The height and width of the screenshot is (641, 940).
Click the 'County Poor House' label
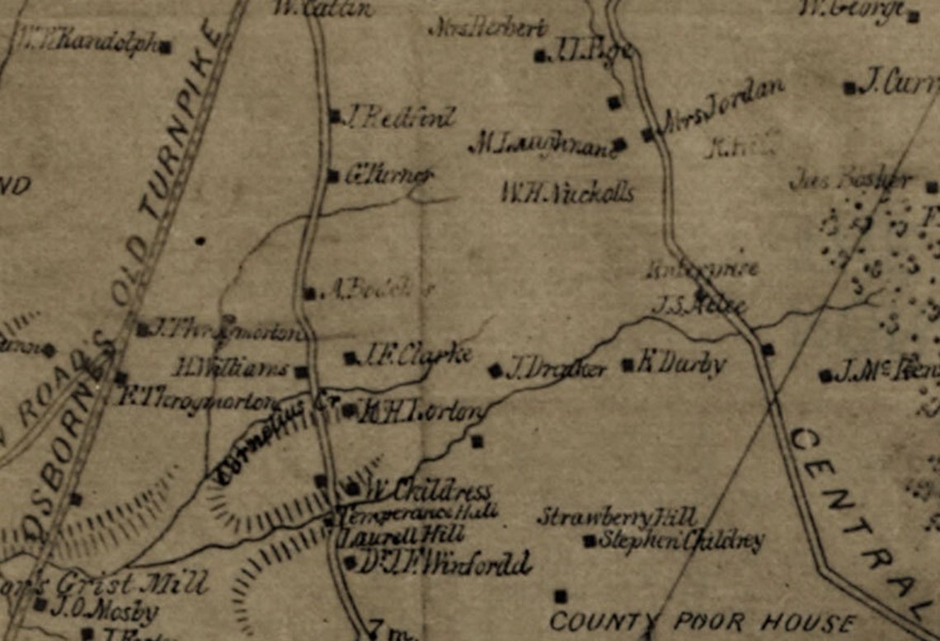pyautogui.click(x=702, y=622)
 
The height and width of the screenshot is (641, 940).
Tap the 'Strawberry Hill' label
pyautogui.click(x=618, y=517)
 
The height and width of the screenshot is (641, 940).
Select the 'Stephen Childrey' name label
pyautogui.click(x=681, y=540)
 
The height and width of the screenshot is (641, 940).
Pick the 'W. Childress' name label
pyautogui.click(x=429, y=491)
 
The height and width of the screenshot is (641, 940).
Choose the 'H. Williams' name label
pyautogui.click(x=230, y=367)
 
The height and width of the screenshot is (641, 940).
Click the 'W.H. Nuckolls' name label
pyautogui.click(x=567, y=194)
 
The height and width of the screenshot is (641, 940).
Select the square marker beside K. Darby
pyautogui.click(x=628, y=363)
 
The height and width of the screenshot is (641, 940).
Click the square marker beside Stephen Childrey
pyautogui.click(x=589, y=541)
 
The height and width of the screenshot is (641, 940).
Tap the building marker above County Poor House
pyautogui.click(x=561, y=595)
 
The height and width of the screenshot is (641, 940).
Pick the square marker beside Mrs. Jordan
pyautogui.click(x=647, y=133)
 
